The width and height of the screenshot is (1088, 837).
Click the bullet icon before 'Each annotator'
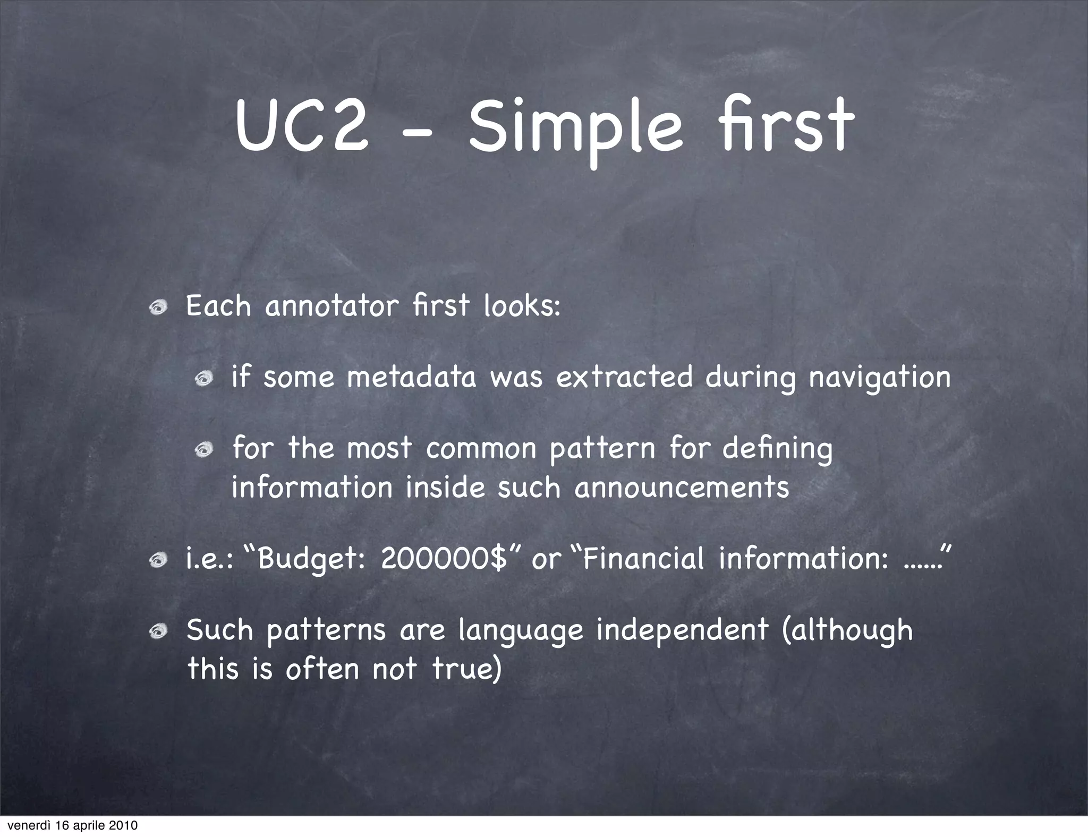click(x=158, y=308)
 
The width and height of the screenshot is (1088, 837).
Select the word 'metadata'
click(x=411, y=378)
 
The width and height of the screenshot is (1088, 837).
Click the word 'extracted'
click(x=624, y=378)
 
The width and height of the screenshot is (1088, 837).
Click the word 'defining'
click(x=777, y=449)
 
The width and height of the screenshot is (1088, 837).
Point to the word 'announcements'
click(x=682, y=488)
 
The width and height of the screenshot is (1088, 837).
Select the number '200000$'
click(x=444, y=558)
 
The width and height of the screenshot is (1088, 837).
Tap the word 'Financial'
click(x=643, y=558)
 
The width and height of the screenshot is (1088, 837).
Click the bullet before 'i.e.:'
click(x=158, y=560)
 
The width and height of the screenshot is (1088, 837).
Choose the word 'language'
click(x=521, y=631)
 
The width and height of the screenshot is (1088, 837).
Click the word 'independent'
click(x=682, y=631)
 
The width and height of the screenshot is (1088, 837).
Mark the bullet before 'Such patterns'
click(x=158, y=631)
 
